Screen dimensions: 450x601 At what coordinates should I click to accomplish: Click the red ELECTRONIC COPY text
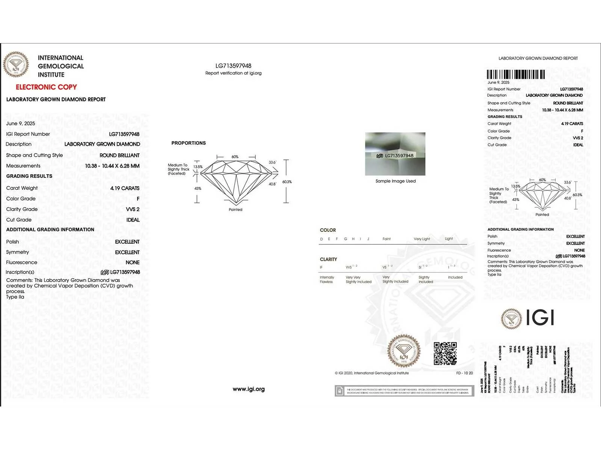tap(46, 87)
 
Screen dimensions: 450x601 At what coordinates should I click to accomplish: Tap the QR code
tap(445, 353)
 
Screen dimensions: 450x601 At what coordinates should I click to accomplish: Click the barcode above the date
tap(515, 74)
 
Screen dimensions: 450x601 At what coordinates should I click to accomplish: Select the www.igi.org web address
tap(249, 389)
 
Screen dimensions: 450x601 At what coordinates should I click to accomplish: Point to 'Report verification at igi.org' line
tap(233, 73)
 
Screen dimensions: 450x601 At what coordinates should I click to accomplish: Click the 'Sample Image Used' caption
tap(396, 181)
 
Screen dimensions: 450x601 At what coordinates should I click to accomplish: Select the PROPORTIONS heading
tap(189, 143)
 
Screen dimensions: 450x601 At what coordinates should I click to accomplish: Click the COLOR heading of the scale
tap(328, 230)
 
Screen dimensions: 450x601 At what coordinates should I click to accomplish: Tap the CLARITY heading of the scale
tap(328, 259)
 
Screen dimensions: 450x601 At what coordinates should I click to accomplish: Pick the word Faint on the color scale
tap(387, 239)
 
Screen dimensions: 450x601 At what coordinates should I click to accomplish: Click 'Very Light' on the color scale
tap(422, 239)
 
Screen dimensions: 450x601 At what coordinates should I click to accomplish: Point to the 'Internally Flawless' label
tap(326, 280)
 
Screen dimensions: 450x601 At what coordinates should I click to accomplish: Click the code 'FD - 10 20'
tap(464, 373)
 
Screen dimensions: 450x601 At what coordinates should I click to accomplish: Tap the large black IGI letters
tap(540, 318)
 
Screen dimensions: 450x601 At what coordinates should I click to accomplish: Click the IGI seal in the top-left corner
tap(16, 64)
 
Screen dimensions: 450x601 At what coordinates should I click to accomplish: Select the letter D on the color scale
tap(322, 239)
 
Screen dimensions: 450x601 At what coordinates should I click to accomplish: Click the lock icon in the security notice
tap(340, 391)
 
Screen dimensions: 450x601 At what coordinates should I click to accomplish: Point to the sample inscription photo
tap(395, 154)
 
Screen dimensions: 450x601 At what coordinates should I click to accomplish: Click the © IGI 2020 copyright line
tap(371, 373)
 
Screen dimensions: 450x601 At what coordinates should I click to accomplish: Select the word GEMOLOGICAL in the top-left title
tap(61, 66)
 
